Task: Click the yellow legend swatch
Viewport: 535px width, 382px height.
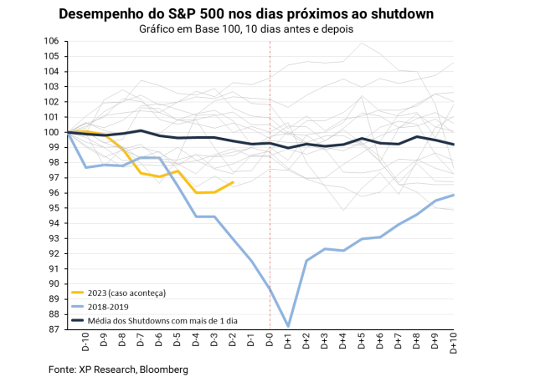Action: coord(77,293)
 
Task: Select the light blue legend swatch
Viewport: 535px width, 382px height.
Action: coord(77,306)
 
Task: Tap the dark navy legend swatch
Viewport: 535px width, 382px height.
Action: coord(77,319)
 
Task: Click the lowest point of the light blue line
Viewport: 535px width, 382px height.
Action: coord(288,325)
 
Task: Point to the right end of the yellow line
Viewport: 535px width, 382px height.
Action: coord(233,181)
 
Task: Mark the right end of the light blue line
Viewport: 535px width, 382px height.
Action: coord(454,195)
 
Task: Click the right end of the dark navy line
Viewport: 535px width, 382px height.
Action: coord(454,145)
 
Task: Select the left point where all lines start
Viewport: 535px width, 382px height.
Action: coord(69,132)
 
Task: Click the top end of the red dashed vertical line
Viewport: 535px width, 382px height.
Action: coord(270,41)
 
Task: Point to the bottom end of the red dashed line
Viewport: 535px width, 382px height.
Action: coord(270,329)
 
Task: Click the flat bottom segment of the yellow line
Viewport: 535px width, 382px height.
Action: coord(206,192)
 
